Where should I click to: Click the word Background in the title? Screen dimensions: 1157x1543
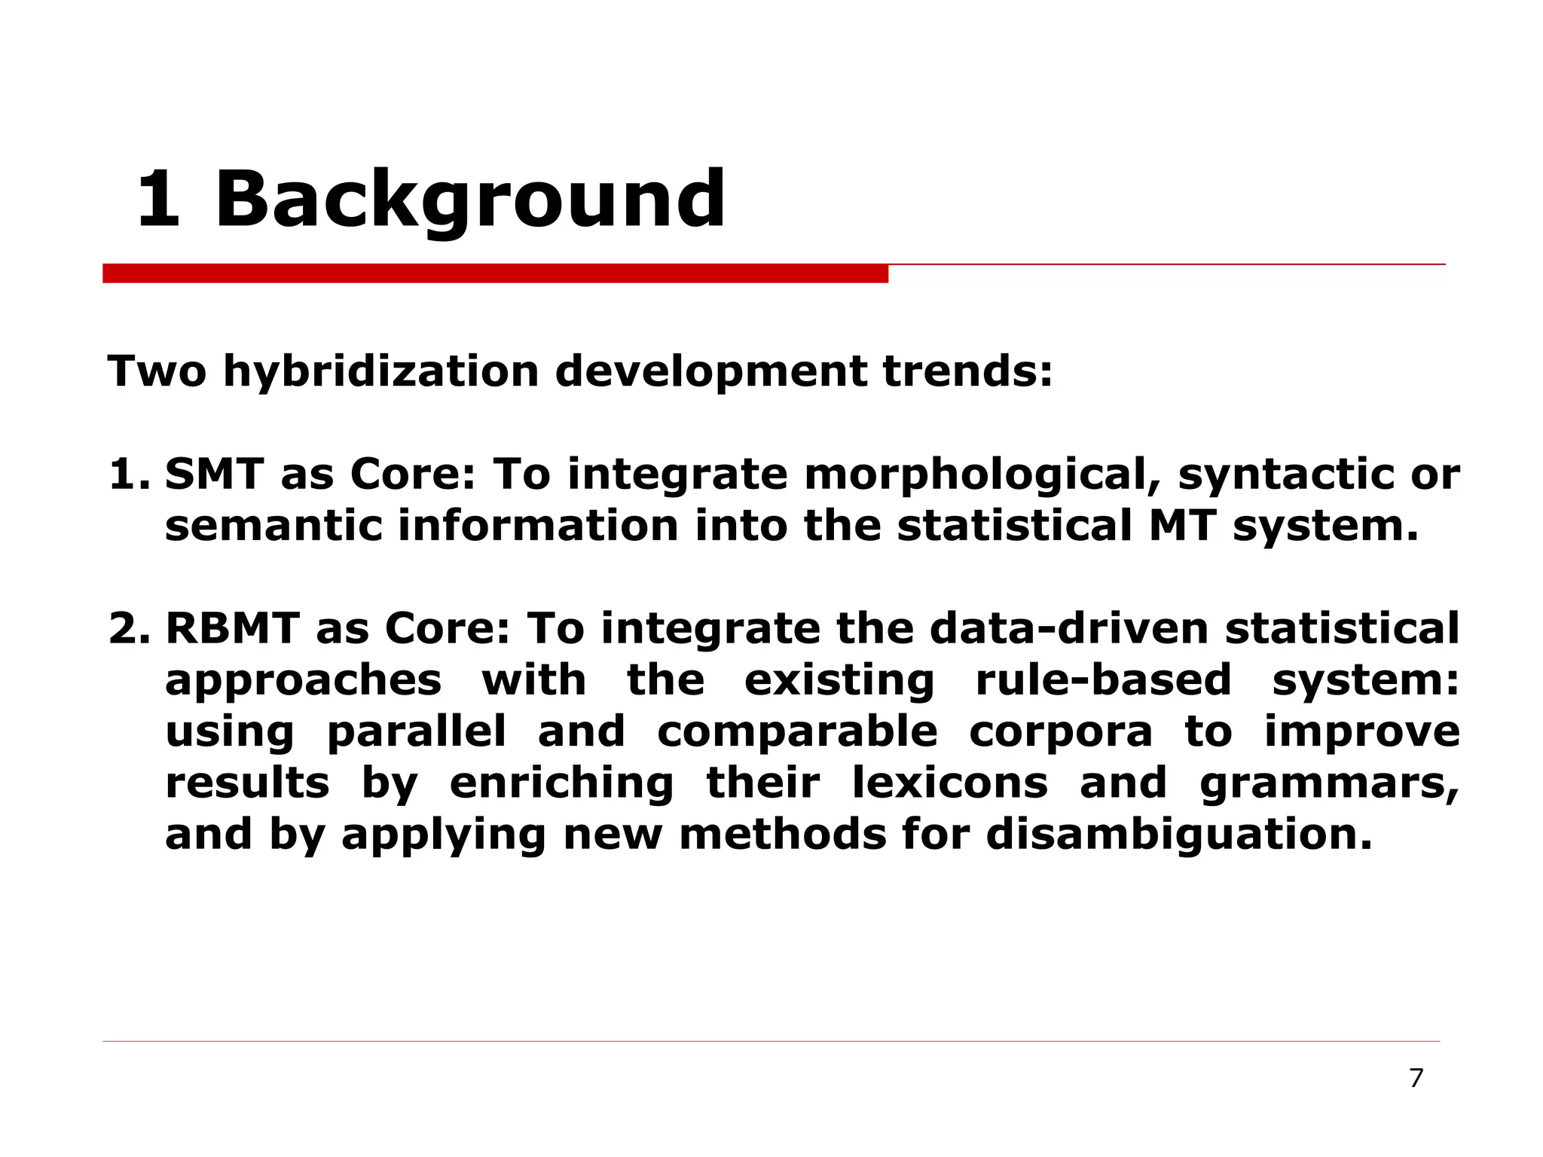tap(470, 200)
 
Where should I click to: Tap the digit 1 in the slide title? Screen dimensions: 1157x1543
tap(159, 199)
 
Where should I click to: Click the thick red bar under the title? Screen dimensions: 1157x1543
tap(495, 273)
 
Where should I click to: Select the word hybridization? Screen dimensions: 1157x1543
tap(380, 371)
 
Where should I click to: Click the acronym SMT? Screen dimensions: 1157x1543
tap(214, 475)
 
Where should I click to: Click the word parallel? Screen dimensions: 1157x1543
tap(417, 731)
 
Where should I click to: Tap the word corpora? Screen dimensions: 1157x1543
tap(1061, 732)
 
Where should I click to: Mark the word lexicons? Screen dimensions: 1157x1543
tap(950, 782)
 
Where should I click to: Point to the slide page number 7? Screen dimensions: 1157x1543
tap(1416, 1079)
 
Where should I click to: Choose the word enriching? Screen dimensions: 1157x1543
tap(561, 783)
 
